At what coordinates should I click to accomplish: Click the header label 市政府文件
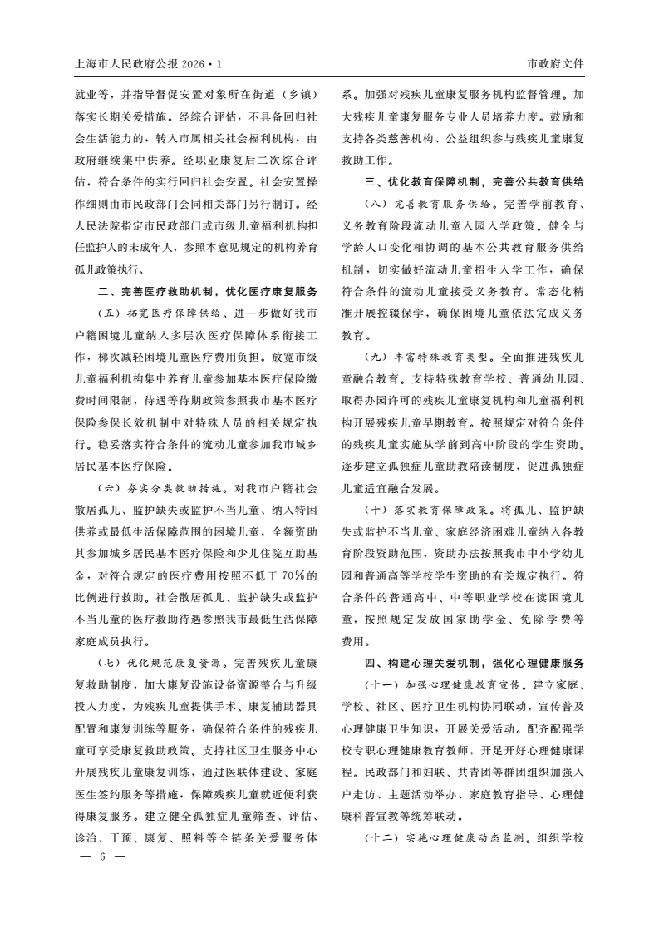555,63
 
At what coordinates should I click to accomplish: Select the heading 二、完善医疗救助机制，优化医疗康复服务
207,292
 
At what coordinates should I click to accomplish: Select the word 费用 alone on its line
354,642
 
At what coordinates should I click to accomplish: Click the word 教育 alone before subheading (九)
354,335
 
